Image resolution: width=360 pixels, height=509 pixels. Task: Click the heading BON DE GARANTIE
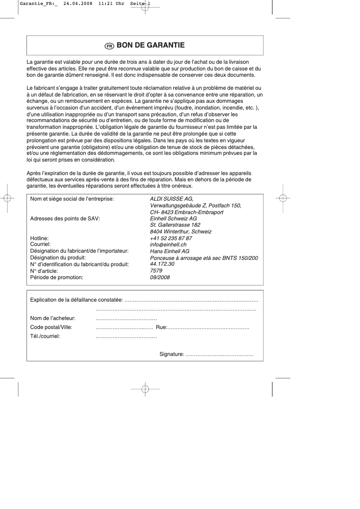coord(150,45)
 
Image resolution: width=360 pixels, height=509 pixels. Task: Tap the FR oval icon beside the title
coord(109,46)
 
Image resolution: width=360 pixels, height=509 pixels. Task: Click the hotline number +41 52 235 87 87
coord(171,238)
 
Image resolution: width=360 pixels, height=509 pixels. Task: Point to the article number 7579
coord(156,271)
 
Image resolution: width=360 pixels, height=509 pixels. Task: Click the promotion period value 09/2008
coord(160,277)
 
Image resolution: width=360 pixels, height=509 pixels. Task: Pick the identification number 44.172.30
coord(162,264)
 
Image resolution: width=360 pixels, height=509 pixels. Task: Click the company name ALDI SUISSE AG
coord(171,199)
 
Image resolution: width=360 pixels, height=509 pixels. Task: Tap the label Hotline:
coord(39,238)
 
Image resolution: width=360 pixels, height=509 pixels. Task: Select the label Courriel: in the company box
coord(40,245)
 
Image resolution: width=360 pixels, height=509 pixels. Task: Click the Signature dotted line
coord(220,355)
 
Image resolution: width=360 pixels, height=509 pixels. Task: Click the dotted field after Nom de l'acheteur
coord(126,319)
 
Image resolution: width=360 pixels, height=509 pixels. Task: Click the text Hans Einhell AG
coord(169,251)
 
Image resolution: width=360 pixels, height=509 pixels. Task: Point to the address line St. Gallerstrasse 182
coord(175,225)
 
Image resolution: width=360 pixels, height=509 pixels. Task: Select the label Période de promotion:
coord(57,277)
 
